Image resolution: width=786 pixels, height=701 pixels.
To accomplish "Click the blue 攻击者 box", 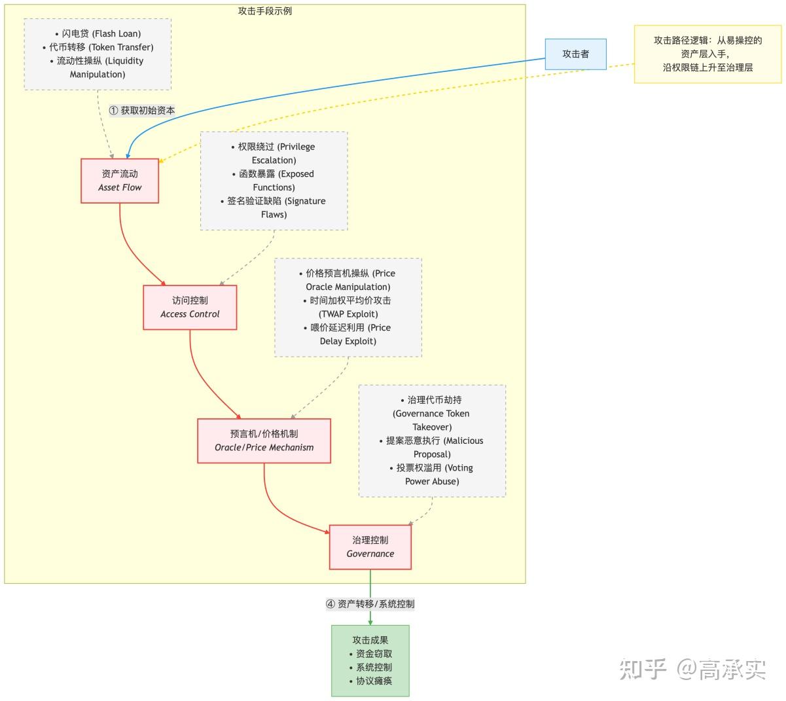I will (575, 54).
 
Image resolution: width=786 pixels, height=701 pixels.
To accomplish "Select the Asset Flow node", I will (120, 181).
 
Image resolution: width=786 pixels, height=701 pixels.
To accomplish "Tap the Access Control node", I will (190, 307).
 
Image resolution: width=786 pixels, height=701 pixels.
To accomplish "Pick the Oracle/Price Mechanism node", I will (264, 440).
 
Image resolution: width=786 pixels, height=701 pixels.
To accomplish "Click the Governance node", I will (370, 547).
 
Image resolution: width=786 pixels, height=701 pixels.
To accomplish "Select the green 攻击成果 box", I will (370, 660).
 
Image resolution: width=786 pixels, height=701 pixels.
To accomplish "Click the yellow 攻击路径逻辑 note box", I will (707, 54).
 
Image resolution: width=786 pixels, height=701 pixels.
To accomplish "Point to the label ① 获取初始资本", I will (142, 111).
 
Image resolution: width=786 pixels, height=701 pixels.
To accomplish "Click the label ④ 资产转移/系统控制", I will (370, 604).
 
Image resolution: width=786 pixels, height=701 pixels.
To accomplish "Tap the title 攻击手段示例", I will (265, 11).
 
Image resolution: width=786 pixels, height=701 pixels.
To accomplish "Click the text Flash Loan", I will (117, 33).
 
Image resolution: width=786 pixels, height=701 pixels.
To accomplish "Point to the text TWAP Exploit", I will (348, 314).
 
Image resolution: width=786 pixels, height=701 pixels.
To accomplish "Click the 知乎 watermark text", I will (643, 669).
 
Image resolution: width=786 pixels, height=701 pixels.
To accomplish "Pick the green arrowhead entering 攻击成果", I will (370, 621).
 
